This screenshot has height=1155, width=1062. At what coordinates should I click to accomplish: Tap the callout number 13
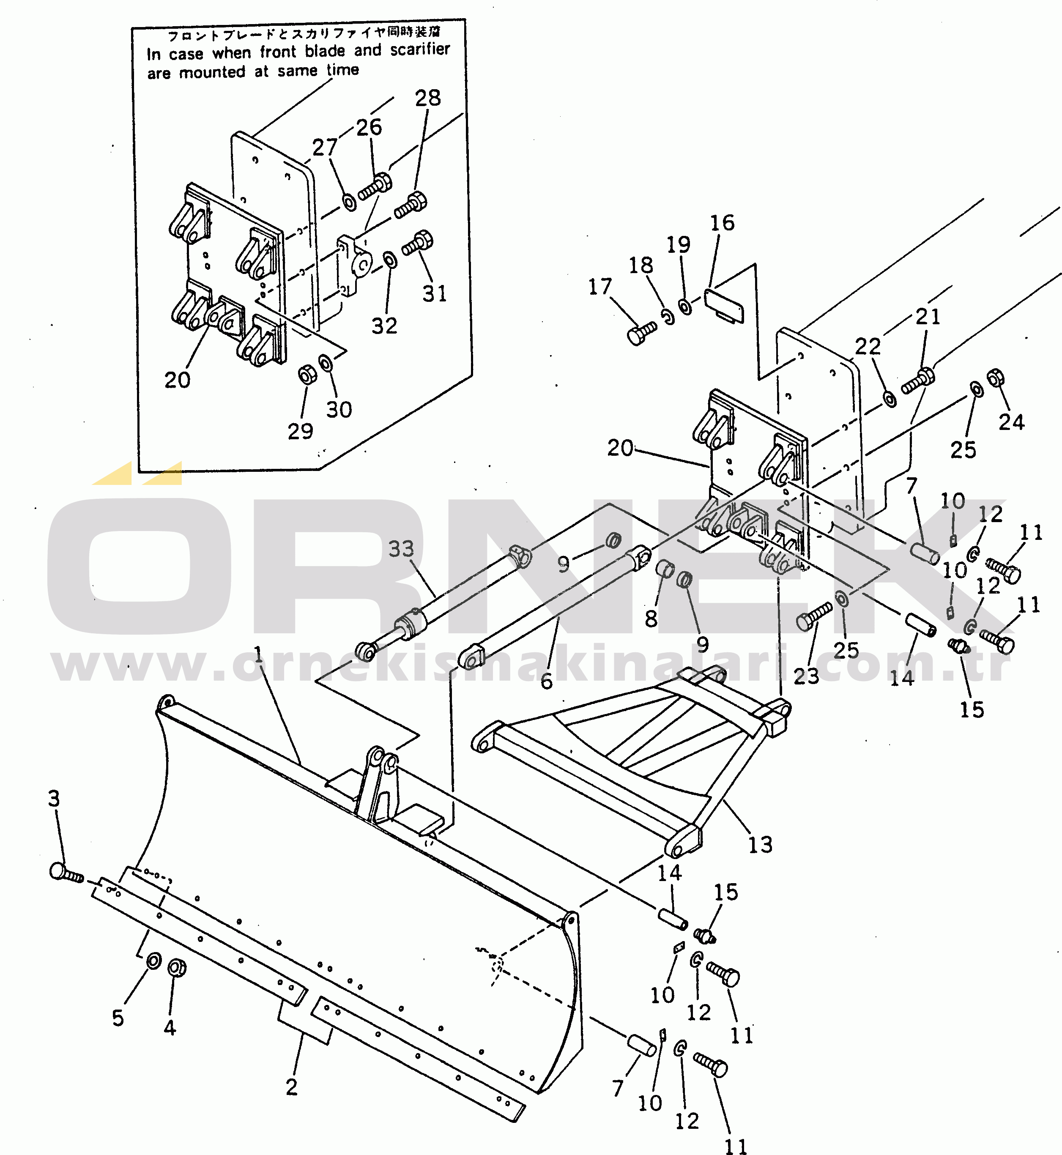click(760, 845)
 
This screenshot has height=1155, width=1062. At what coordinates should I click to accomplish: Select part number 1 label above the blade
click(258, 654)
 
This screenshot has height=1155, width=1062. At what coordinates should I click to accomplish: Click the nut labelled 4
click(177, 968)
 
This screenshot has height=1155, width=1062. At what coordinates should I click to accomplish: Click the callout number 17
click(599, 286)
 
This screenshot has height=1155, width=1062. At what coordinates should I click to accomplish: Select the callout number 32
click(384, 326)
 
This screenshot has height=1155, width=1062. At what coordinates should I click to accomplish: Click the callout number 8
click(651, 619)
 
